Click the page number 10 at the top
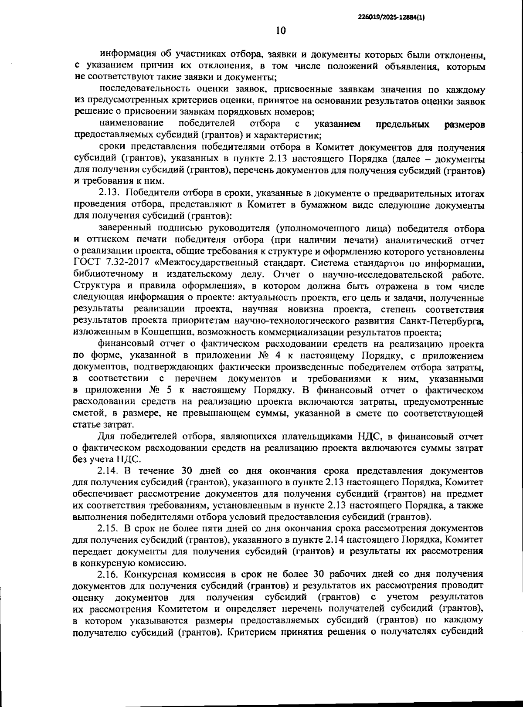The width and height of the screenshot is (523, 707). point(280,30)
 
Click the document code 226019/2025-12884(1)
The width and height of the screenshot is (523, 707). point(391,17)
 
